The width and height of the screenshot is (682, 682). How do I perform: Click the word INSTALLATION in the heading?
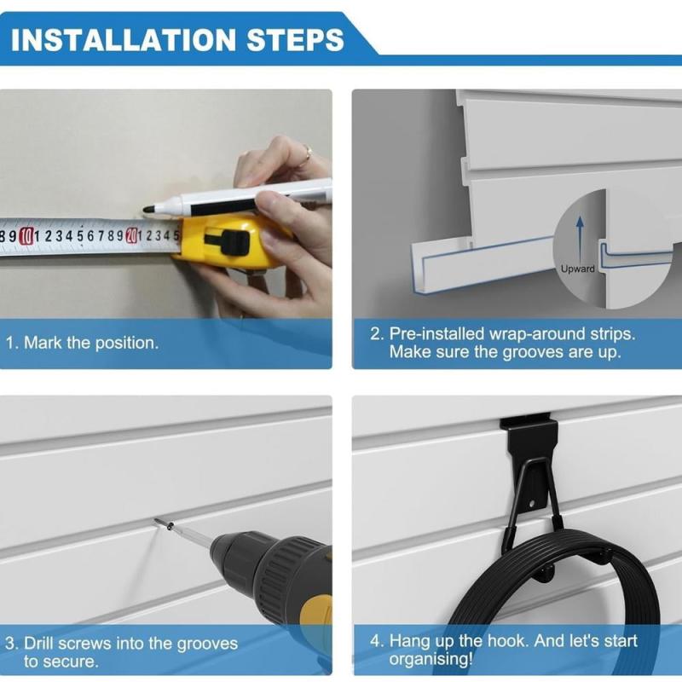tap(123, 40)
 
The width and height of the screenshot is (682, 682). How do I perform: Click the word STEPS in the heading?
tap(295, 40)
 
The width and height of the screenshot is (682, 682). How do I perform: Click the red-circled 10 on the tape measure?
tap(26, 236)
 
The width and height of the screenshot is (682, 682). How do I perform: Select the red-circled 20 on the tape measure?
tap(131, 236)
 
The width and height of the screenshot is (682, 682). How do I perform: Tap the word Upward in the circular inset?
tap(578, 269)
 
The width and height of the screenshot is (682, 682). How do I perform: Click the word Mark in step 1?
tap(43, 343)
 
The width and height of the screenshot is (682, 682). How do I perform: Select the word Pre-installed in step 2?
tap(436, 334)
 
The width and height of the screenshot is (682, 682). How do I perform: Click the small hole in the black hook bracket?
tap(532, 504)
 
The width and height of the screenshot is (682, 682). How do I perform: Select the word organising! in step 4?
tap(431, 659)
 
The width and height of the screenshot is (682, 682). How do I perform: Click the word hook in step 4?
tap(506, 641)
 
